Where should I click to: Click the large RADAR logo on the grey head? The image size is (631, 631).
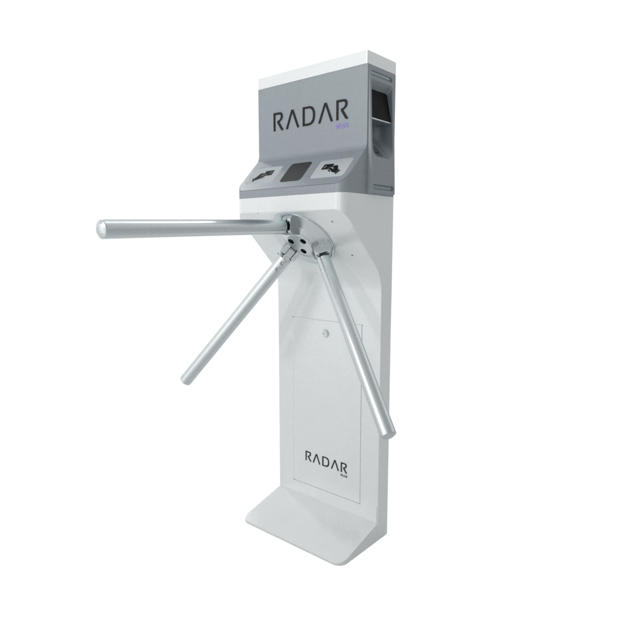coord(311,115)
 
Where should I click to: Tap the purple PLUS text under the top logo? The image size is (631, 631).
coord(342,126)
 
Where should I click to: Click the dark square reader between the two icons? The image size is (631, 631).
coord(295,172)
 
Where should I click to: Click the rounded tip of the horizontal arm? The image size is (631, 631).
coord(101,229)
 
